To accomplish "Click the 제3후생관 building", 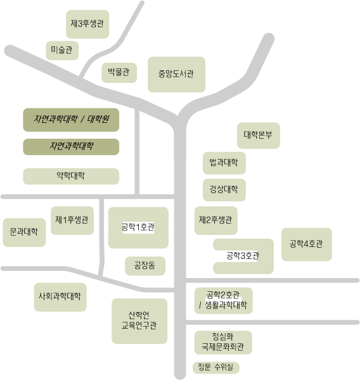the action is click(87, 24).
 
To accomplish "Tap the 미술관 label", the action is click(61, 50).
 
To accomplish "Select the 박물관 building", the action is click(119, 73).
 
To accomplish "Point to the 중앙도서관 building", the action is click(176, 75).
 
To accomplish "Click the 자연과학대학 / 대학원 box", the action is click(71, 120).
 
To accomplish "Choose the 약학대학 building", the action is click(71, 176).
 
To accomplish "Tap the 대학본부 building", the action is click(259, 136).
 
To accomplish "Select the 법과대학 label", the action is click(224, 162).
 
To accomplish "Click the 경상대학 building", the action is click(224, 190).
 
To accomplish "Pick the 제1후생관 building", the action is click(72, 220).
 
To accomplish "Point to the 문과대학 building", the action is click(24, 232).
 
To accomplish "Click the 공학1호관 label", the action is click(138, 227).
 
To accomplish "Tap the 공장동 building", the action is click(145, 266).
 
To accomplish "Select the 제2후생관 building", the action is click(216, 220).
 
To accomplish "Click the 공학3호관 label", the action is click(243, 256).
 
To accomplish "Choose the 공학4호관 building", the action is click(307, 244).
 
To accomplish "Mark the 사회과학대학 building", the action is click(60, 297).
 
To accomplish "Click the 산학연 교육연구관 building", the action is click(139, 321).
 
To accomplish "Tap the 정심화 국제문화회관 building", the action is click(223, 343).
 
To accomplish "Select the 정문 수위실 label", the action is click(215, 367).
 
